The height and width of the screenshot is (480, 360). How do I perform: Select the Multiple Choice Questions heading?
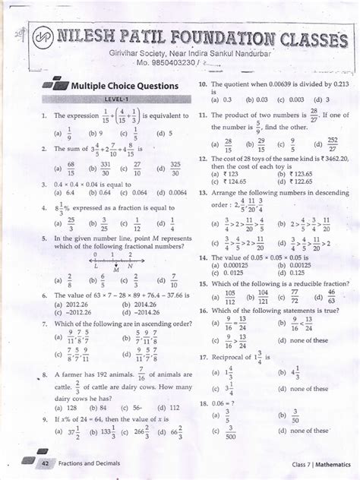124,86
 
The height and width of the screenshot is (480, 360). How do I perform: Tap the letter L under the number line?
95,266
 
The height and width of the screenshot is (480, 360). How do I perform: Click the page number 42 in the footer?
46,463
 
